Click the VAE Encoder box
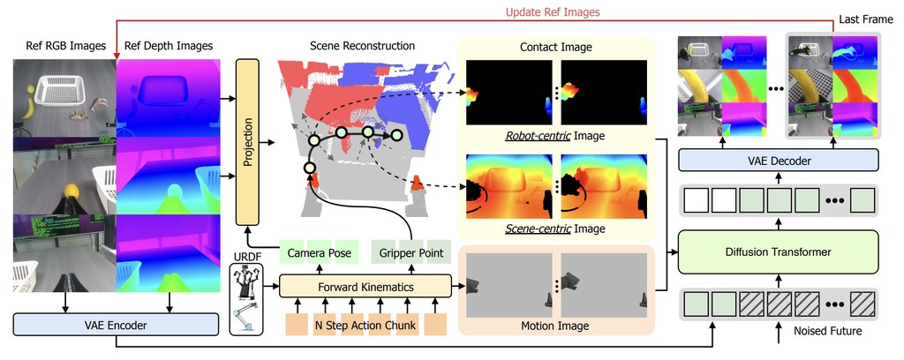click(116, 325)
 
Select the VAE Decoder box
click(779, 161)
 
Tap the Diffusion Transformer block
click(779, 251)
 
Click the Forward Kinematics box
click(365, 286)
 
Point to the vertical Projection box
click(248, 142)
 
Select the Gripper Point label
click(411, 253)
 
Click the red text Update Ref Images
click(553, 11)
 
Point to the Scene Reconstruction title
click(362, 46)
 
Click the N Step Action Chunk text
click(365, 326)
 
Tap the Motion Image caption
click(555, 326)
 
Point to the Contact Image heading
click(556, 48)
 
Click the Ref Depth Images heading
click(169, 46)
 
